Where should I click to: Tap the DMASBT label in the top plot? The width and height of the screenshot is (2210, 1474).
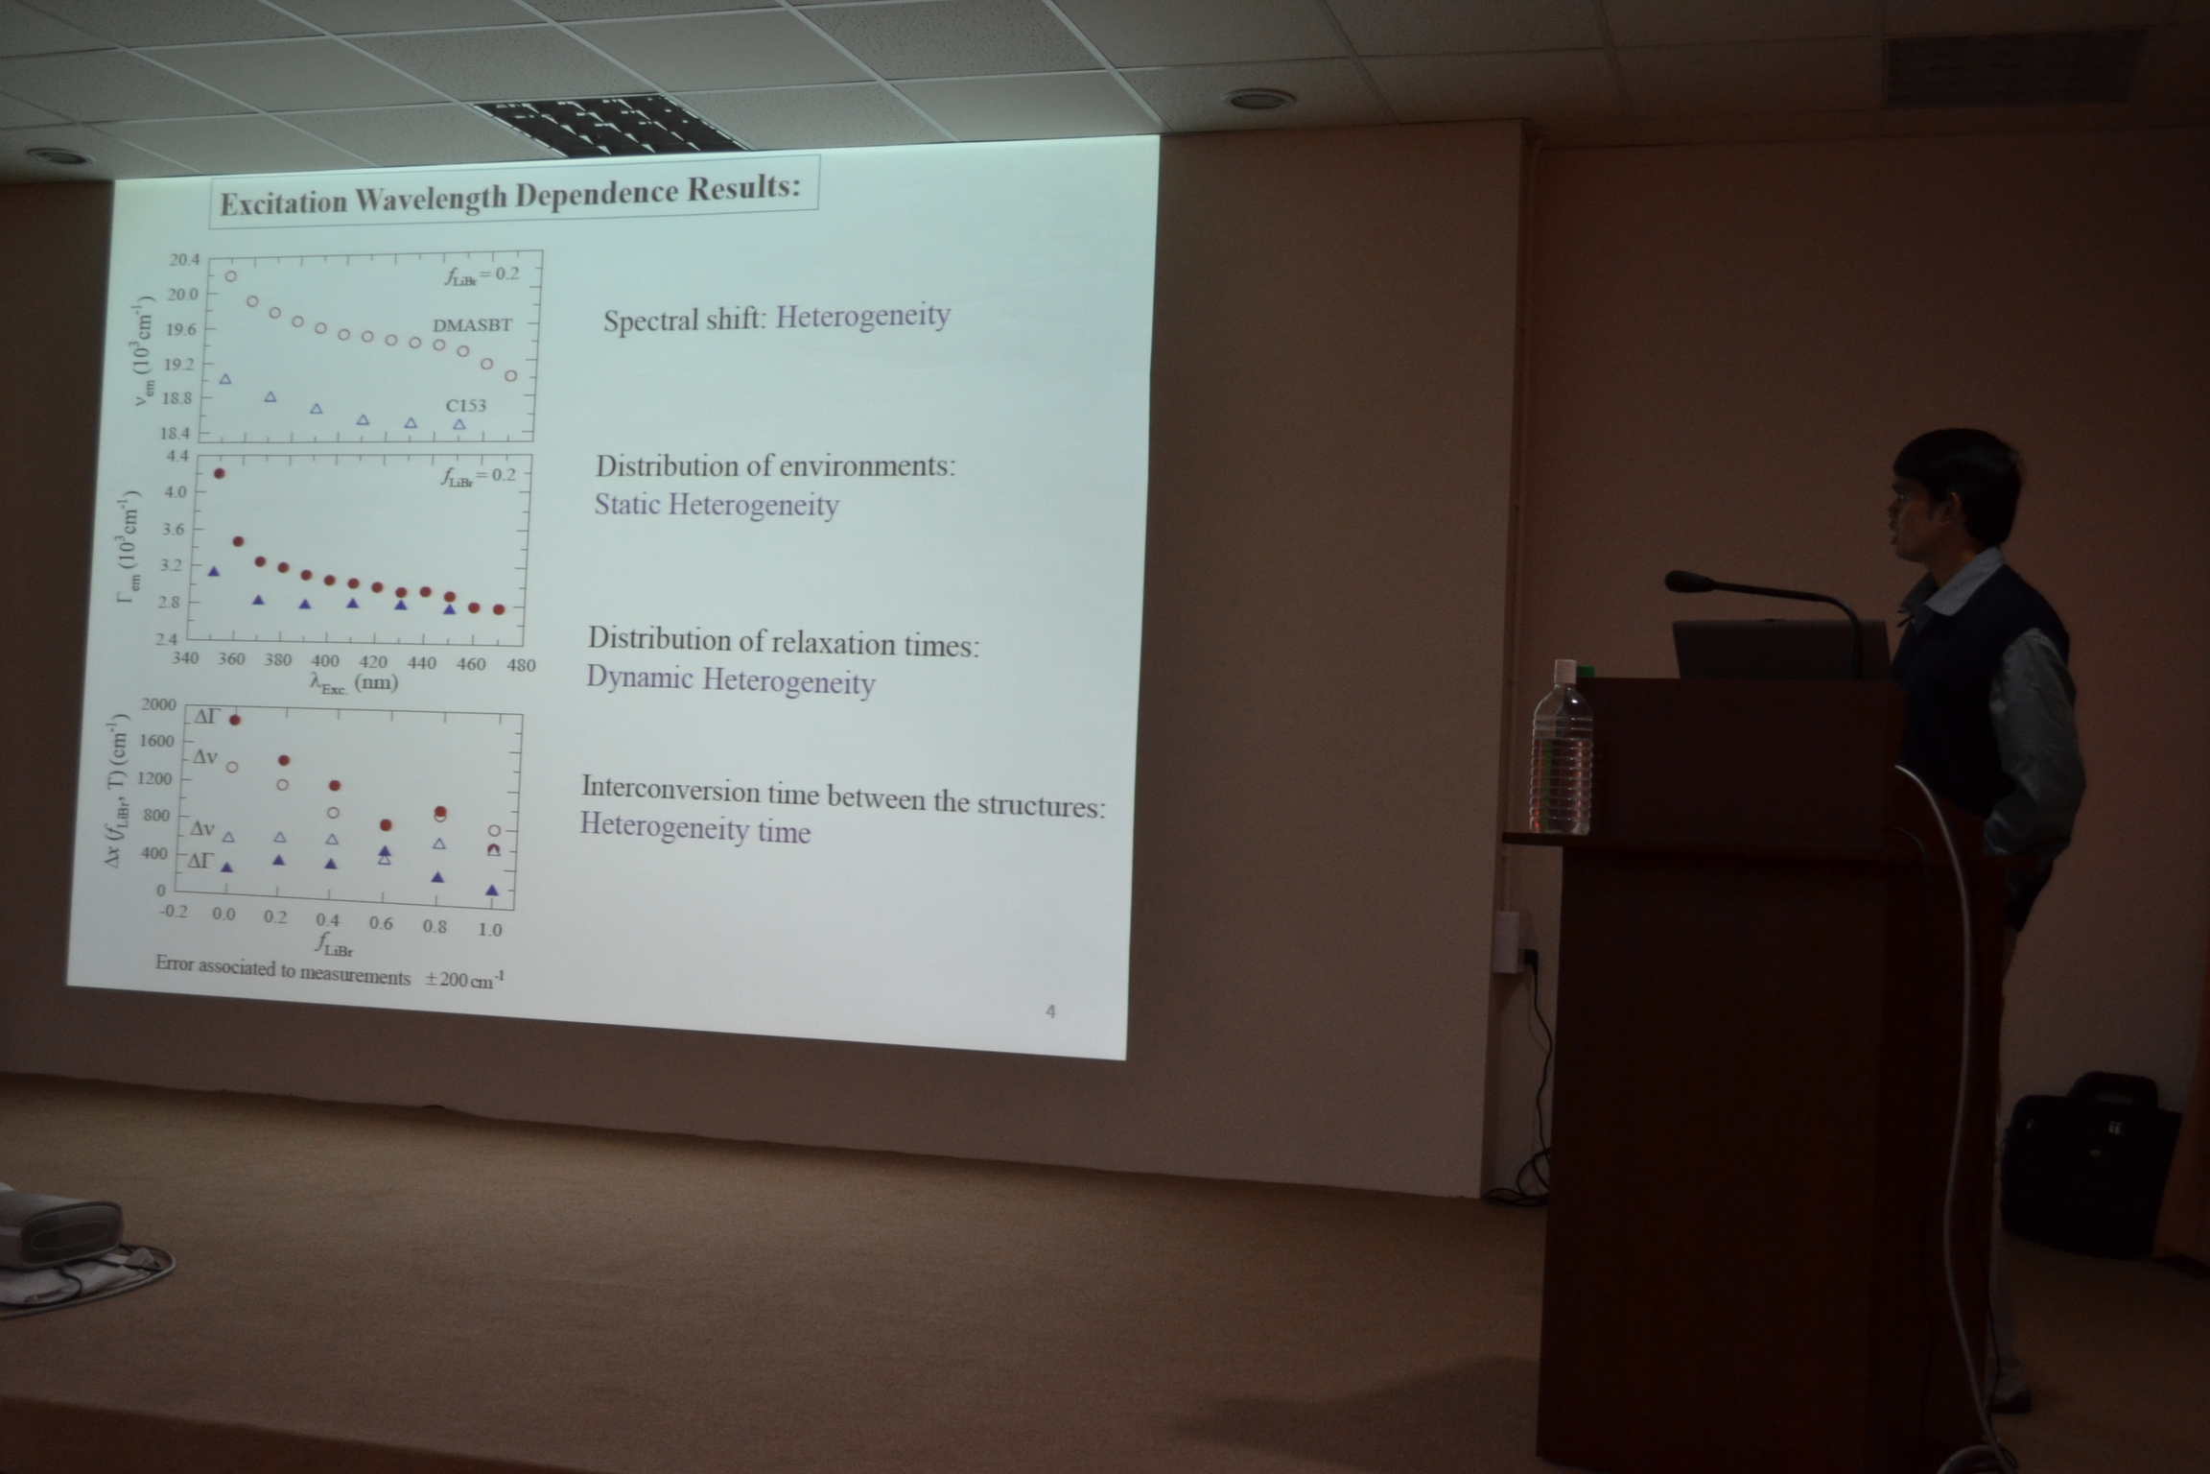tap(472, 325)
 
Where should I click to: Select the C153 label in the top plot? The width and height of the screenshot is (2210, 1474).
tap(465, 405)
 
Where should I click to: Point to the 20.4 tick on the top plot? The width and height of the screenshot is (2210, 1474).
tap(185, 260)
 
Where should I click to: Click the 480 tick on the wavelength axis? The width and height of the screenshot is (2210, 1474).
tap(521, 665)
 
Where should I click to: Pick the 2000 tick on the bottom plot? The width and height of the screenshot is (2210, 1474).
tap(158, 704)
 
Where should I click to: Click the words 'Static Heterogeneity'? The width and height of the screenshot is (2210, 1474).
tap(717, 505)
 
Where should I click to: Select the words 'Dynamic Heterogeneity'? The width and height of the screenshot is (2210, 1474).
tap(731, 680)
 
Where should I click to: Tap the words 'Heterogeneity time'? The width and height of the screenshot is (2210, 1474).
tap(695, 828)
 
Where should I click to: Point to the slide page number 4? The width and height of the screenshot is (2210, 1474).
tap(1050, 1010)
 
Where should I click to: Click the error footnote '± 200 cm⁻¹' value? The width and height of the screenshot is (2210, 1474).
tap(465, 980)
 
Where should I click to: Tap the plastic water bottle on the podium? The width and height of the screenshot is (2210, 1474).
tap(1562, 748)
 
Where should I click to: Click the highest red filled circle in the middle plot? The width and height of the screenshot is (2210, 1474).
tap(219, 473)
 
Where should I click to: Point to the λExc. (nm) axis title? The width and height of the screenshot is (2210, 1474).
tap(353, 683)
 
